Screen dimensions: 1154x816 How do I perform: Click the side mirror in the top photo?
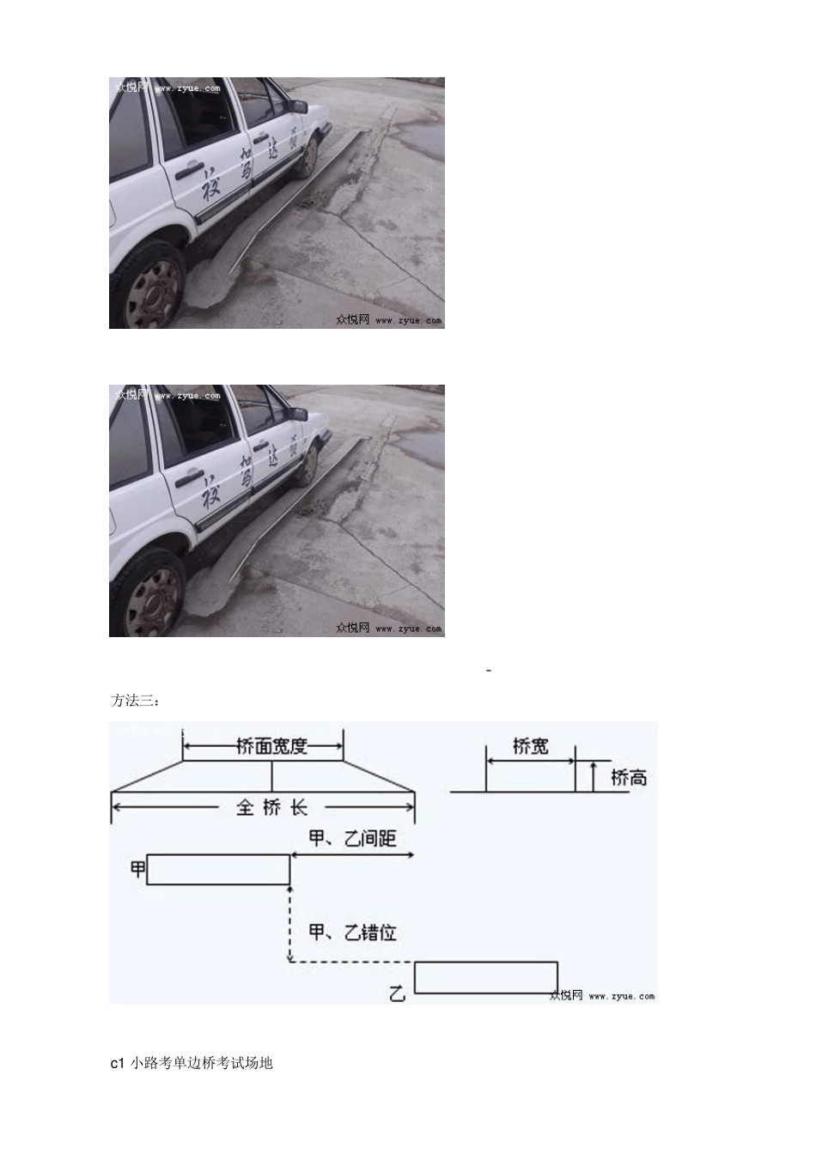[x=298, y=106]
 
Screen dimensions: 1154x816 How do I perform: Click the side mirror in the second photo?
[x=297, y=414]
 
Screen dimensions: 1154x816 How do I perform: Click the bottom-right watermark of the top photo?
[x=388, y=319]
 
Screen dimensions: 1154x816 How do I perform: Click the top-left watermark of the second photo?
[x=167, y=395]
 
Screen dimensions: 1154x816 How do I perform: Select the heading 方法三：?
[x=136, y=701]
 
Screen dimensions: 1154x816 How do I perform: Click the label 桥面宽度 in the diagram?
[x=271, y=747]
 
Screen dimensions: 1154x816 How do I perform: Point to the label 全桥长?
[x=271, y=807]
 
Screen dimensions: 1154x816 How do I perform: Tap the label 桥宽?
[x=530, y=746]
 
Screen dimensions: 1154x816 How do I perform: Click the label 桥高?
[x=629, y=778]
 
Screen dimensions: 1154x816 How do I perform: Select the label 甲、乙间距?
[x=353, y=838]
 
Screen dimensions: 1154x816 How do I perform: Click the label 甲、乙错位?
[x=353, y=932]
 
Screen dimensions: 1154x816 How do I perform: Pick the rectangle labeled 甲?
[x=218, y=870]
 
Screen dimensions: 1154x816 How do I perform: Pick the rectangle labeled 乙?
[x=486, y=978]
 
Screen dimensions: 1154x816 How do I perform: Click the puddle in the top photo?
[x=422, y=137]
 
